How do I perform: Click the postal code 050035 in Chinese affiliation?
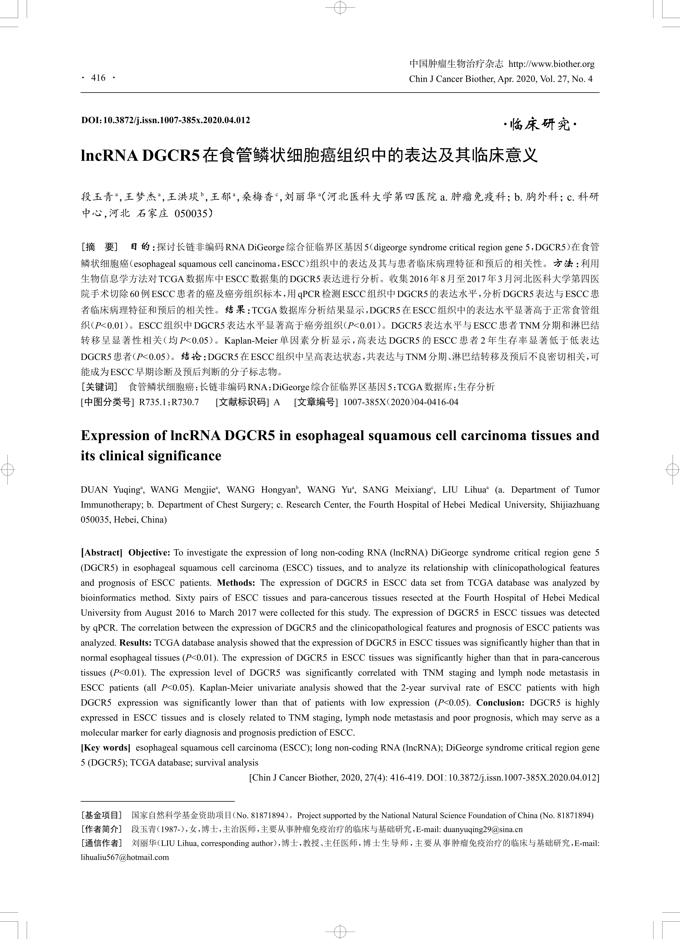tap(190, 214)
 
